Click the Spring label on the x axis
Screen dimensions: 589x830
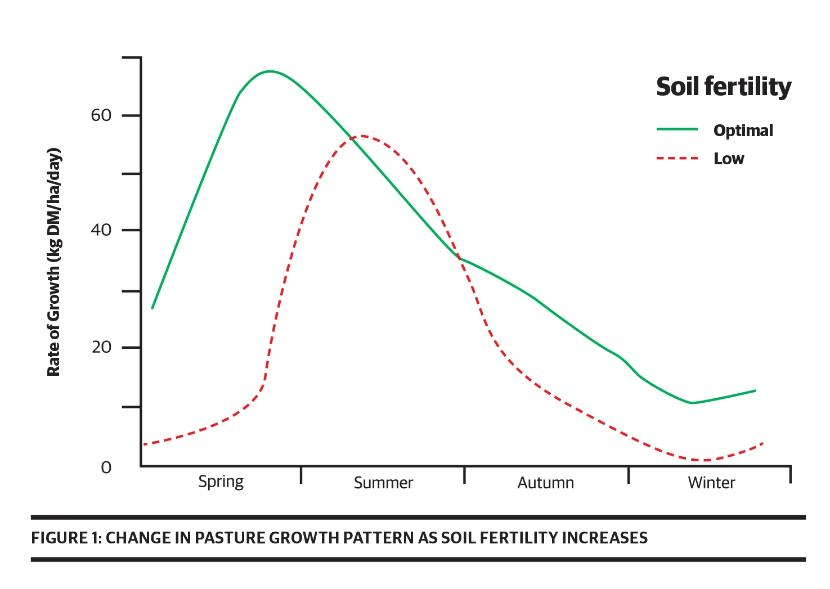tap(221, 482)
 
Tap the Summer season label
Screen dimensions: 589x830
tap(383, 483)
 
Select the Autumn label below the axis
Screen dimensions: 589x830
tap(545, 483)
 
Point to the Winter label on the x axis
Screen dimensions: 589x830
tap(711, 483)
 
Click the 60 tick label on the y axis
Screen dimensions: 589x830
tap(101, 115)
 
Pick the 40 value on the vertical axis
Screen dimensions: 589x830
tap(101, 230)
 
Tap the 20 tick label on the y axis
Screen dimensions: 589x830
tap(101, 347)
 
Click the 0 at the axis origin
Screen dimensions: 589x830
tap(106, 467)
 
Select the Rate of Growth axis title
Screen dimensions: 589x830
tap(54, 262)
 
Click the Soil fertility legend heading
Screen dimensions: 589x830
tap(724, 87)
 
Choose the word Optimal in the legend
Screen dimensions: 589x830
tap(743, 131)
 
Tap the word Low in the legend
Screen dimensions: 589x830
tap(729, 159)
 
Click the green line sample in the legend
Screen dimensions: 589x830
tap(677, 129)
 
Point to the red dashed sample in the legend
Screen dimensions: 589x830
tap(677, 159)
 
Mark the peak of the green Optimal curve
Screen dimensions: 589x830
tap(271, 71)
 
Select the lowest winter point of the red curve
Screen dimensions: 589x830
tap(703, 460)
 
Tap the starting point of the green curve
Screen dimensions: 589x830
tap(152, 308)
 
